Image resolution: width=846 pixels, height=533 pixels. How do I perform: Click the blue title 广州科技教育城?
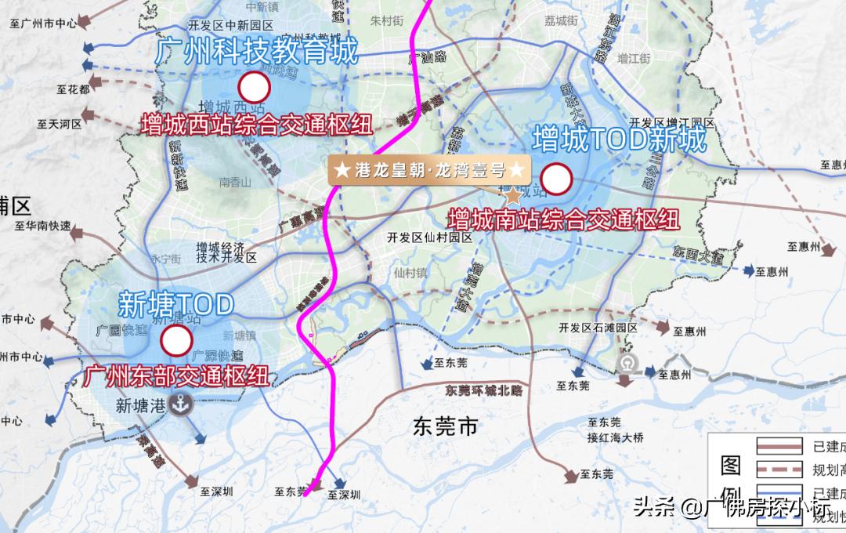click(256, 52)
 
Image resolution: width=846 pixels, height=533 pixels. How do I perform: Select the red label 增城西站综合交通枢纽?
click(257, 125)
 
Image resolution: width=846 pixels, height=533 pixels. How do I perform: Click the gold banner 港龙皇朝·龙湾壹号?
click(429, 169)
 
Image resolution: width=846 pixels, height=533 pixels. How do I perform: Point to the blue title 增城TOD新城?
click(619, 140)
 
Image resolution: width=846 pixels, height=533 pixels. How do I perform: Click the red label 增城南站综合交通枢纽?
click(563, 219)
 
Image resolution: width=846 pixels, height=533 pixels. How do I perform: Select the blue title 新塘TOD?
click(176, 302)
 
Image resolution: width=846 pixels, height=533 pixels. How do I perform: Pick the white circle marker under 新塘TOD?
click(176, 341)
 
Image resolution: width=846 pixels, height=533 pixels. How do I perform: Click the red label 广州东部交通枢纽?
click(175, 375)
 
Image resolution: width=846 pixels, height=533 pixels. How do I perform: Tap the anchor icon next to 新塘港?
click(183, 405)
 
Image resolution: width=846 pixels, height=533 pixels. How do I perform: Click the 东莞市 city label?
click(445, 427)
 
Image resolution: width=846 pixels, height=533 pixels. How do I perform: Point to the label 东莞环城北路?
click(483, 390)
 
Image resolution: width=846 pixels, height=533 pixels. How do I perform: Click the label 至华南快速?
click(43, 227)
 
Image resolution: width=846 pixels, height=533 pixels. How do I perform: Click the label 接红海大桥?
click(616, 437)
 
